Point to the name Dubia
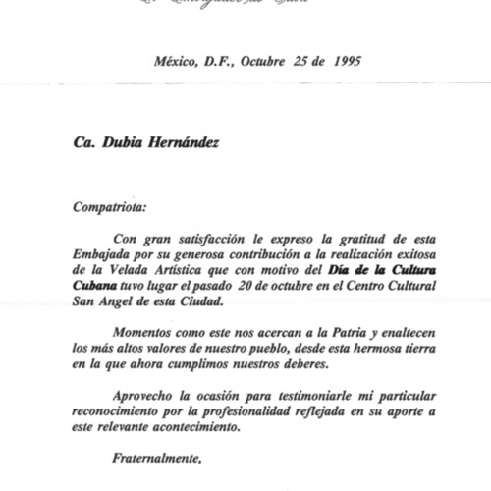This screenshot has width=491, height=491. click(122, 143)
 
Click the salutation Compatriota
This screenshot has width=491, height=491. click(112, 207)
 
